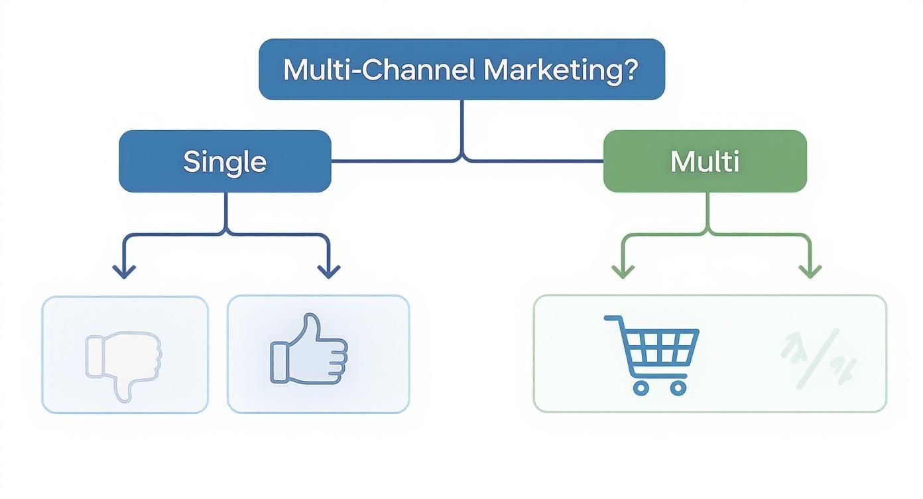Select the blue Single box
click(x=225, y=161)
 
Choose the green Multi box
click(x=705, y=161)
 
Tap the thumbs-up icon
click(x=308, y=350)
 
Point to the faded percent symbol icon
click(x=819, y=358)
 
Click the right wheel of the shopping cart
click(x=677, y=388)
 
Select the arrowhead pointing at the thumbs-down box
click(x=124, y=272)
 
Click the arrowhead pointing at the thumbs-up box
click(x=329, y=272)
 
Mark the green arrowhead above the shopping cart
click(x=623, y=272)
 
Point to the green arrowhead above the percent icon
click(x=810, y=272)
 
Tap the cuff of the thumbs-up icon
click(x=278, y=362)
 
